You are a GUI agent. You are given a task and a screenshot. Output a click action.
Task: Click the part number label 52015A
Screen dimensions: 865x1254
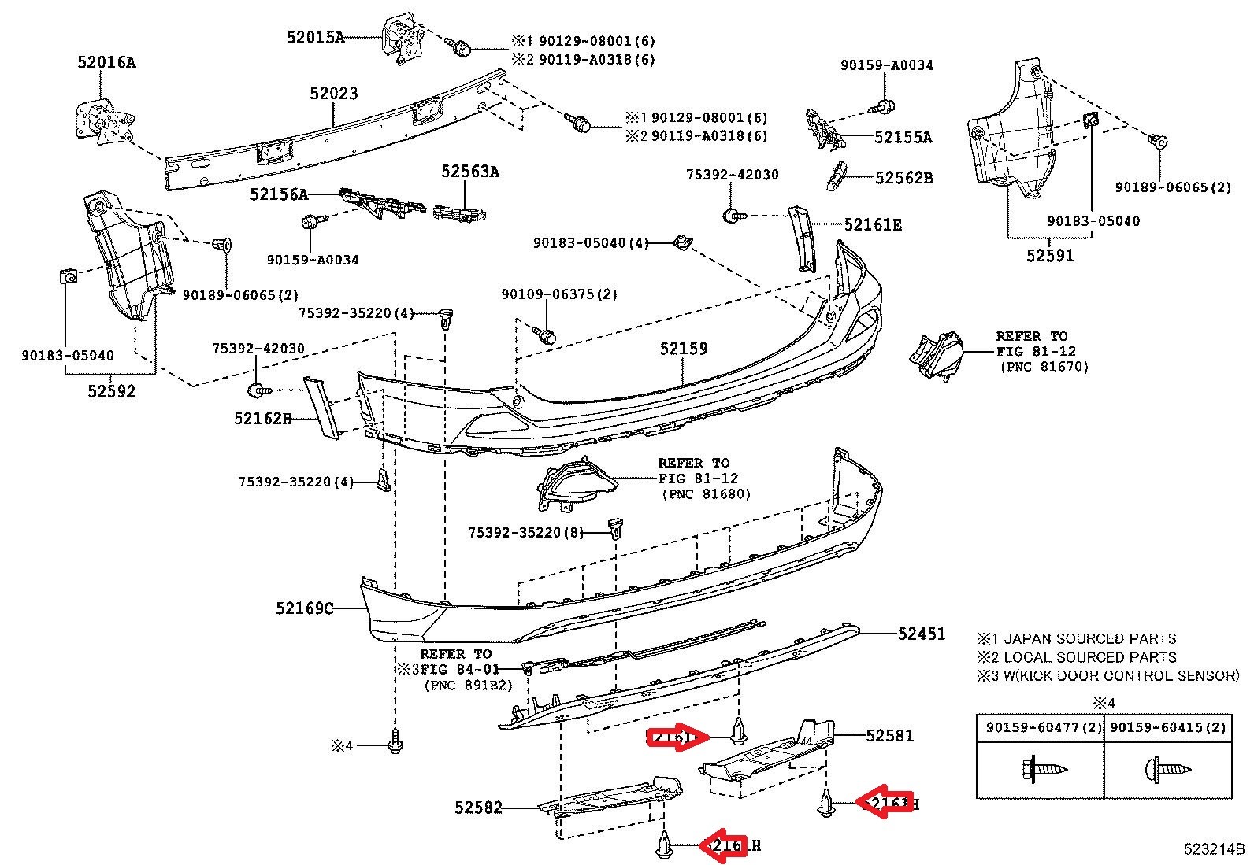coord(315,37)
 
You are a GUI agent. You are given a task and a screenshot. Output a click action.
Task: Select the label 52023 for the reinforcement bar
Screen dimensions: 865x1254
coord(333,94)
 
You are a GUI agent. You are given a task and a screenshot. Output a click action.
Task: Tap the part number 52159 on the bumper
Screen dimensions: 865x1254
coord(683,348)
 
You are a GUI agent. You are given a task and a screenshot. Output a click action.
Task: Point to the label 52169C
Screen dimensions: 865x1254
coord(304,608)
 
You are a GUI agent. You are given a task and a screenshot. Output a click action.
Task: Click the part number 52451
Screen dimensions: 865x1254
coord(921,634)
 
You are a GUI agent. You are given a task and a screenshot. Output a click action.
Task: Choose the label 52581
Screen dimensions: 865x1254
coord(889,735)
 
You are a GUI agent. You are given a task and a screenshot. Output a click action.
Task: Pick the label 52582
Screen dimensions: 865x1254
coord(478,808)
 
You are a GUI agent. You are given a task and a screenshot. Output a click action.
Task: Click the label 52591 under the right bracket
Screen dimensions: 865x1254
coord(1049,255)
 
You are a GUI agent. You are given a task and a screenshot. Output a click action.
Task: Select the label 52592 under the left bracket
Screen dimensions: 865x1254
coord(111,390)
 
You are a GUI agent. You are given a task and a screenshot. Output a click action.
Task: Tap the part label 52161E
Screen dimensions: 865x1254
coord(873,225)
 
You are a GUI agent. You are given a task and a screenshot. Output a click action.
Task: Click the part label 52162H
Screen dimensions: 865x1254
coord(262,418)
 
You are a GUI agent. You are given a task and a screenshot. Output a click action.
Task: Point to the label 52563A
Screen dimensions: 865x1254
coord(469,172)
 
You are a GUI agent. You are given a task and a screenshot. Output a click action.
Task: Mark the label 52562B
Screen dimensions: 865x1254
coord(903,178)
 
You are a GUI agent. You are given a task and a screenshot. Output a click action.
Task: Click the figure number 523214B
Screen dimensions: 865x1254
coord(1214,849)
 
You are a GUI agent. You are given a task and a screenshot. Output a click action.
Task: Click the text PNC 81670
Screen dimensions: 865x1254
coord(1044,366)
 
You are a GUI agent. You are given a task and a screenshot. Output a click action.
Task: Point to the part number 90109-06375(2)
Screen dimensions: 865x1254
coord(559,294)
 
